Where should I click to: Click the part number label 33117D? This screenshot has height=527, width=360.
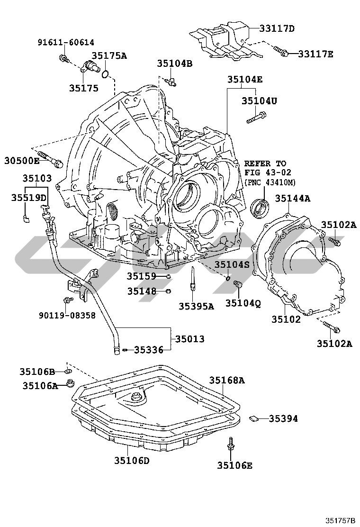277,28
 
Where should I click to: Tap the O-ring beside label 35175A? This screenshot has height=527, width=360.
107,73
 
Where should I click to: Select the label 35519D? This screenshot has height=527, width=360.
29,197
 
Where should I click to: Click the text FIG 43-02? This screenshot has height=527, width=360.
268,172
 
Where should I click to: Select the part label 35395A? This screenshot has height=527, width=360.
196,307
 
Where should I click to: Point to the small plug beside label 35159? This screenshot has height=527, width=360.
168,276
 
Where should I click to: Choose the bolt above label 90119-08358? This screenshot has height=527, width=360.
68,300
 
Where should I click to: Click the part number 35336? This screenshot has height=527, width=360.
148,350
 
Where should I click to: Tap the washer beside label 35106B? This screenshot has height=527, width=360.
68,371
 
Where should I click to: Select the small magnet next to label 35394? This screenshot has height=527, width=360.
254,418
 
